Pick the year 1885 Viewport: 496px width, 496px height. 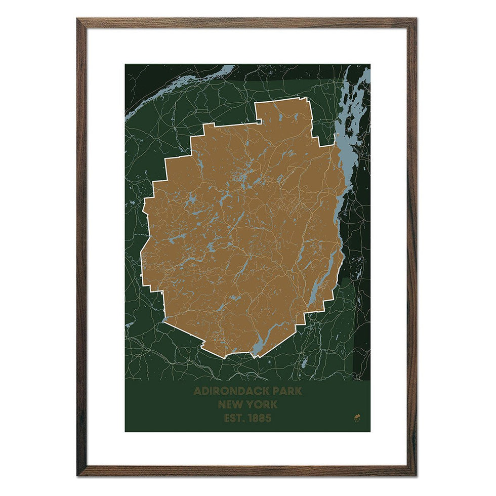tap(260, 419)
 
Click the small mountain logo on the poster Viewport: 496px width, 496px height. tap(356, 418)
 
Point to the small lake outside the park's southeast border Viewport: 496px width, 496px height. tap(304, 363)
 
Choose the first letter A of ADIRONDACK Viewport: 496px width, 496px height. tap(197, 391)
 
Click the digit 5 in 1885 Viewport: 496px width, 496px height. tap(268, 419)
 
